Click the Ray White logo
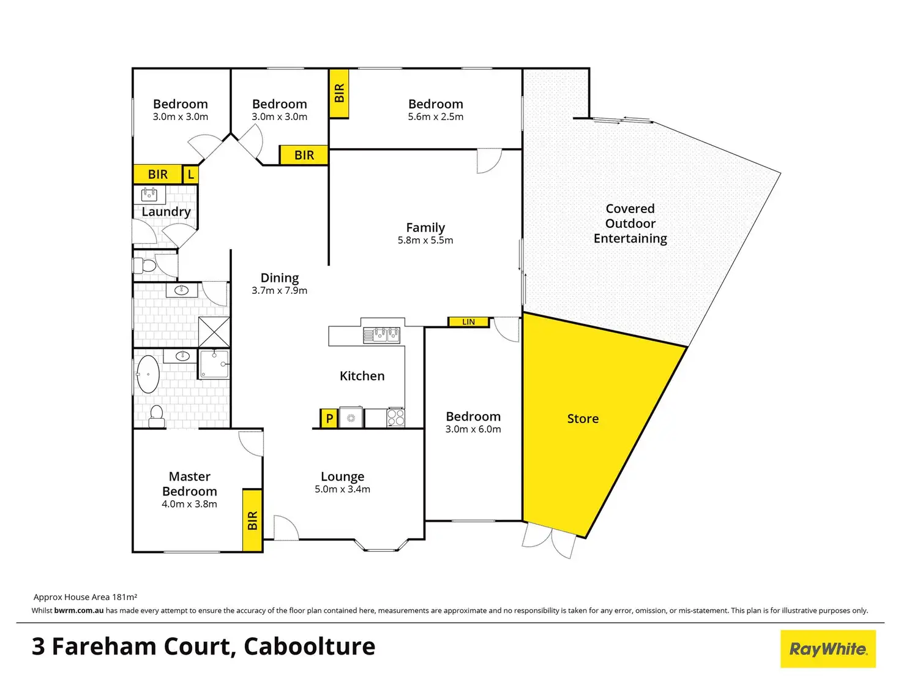[x=828, y=648]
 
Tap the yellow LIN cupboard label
[x=468, y=321]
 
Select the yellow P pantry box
[x=329, y=419]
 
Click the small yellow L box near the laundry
[x=190, y=175]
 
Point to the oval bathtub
[x=148, y=374]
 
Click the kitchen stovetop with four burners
[x=395, y=418]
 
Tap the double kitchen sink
[x=381, y=335]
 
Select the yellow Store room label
[x=583, y=419]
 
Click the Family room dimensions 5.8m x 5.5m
[x=425, y=241]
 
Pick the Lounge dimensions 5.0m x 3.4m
[x=342, y=489]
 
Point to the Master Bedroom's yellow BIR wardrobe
[x=252, y=520]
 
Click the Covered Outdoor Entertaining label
[x=630, y=223]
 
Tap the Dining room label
[x=280, y=278]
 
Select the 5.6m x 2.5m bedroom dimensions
[x=435, y=117]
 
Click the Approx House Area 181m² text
[x=85, y=597]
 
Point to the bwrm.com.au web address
[x=79, y=610]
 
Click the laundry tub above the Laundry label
[x=149, y=195]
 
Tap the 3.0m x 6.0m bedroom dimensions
[x=473, y=429]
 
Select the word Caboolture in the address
[x=309, y=647]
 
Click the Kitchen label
[x=362, y=376]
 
